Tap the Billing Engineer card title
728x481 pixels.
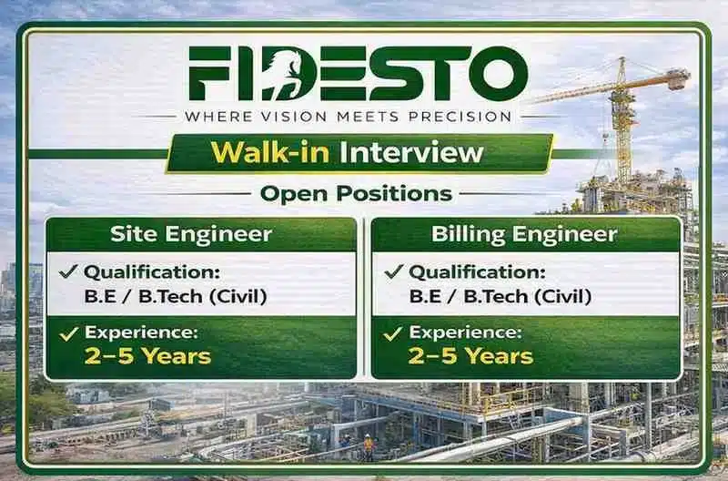526,234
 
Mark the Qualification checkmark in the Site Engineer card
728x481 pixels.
68,271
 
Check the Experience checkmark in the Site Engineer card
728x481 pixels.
68,333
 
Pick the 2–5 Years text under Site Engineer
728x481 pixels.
148,355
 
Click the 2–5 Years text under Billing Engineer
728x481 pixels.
471,355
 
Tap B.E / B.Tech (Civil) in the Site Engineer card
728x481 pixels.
175,295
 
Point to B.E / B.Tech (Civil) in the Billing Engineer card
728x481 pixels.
500,295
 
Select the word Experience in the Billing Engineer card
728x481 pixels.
465,333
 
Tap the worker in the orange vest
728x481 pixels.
369,445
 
